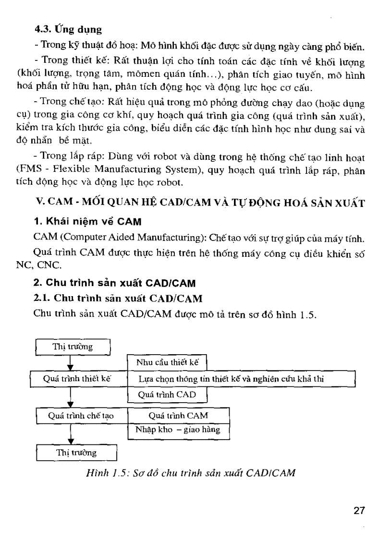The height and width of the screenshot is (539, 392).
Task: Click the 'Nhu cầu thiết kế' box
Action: [167, 362]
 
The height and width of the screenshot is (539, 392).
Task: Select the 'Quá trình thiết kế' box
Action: [77, 379]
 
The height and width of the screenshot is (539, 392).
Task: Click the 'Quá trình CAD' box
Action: [167, 395]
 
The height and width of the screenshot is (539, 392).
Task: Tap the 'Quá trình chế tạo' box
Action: [81, 416]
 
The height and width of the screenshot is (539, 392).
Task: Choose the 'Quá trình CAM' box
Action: [178, 416]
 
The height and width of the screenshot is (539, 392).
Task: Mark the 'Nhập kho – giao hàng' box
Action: [178, 430]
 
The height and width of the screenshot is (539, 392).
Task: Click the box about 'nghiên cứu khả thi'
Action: [240, 379]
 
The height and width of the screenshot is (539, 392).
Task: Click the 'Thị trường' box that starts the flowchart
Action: [73, 346]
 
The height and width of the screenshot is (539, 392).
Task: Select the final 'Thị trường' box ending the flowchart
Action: [76, 453]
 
